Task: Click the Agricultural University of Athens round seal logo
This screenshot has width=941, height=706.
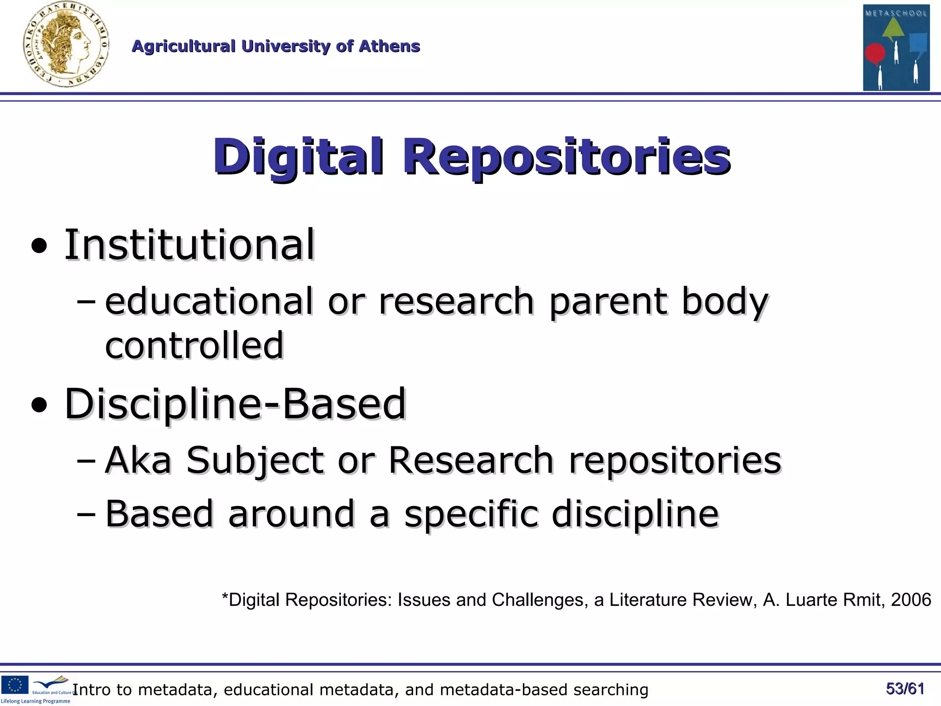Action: click(x=66, y=45)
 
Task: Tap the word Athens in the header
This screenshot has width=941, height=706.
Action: click(x=389, y=46)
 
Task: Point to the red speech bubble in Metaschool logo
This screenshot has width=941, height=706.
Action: click(x=875, y=54)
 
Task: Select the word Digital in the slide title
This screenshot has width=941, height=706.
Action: click(x=298, y=157)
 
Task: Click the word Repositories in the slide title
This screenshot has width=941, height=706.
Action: click(x=566, y=157)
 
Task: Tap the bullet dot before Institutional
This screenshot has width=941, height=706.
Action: click(x=39, y=246)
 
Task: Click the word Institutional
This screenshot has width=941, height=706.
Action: click(x=189, y=245)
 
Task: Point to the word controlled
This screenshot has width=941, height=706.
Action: click(x=194, y=345)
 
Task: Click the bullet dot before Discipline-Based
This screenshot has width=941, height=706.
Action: click(x=39, y=405)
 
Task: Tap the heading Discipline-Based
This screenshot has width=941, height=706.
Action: click(x=235, y=404)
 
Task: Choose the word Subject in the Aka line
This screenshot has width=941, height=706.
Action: click(x=255, y=460)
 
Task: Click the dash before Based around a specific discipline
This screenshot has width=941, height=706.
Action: click(x=86, y=514)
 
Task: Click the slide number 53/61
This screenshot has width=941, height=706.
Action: click(x=905, y=689)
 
